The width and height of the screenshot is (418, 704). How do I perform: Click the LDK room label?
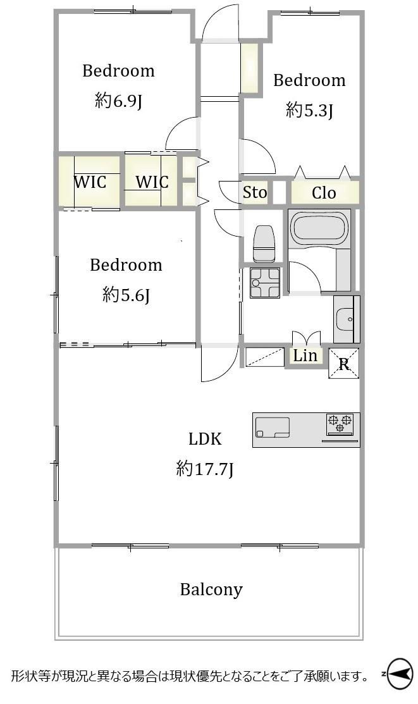pyautogui.click(x=205, y=438)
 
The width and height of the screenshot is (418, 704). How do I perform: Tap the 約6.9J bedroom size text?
pyautogui.click(x=118, y=101)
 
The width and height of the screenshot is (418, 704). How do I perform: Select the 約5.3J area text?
pyautogui.click(x=309, y=110)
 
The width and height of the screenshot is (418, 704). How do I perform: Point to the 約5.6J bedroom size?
pyautogui.click(x=126, y=295)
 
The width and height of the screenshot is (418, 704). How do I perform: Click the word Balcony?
pyautogui.click(x=211, y=590)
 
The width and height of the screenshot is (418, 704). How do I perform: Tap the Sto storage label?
pyautogui.click(x=255, y=193)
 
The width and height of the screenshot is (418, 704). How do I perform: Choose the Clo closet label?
pyautogui.click(x=324, y=193)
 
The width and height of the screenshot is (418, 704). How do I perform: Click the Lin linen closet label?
pyautogui.click(x=305, y=355)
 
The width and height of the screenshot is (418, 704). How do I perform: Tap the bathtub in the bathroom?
pyautogui.click(x=319, y=228)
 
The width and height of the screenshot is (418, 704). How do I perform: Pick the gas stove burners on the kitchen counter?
pyautogui.click(x=340, y=424)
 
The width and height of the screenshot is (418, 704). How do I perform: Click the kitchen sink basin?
pyautogui.click(x=273, y=428)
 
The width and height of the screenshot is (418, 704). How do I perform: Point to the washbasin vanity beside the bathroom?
pyautogui.click(x=346, y=319)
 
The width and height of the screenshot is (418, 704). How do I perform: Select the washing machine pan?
pyautogui.click(x=265, y=283)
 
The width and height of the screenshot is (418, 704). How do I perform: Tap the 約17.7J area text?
pyautogui.click(x=205, y=469)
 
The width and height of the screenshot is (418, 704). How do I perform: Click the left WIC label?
pyautogui.click(x=90, y=182)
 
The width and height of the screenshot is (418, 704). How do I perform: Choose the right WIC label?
pyautogui.click(x=152, y=182)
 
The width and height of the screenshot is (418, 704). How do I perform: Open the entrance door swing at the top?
pyautogui.click(x=220, y=22)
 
